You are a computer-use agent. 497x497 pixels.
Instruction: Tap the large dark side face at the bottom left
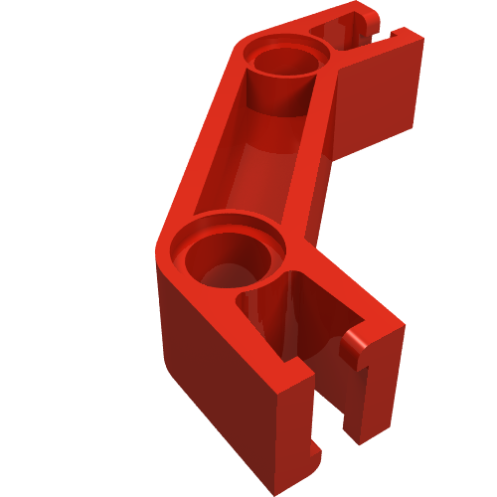(x=209, y=378)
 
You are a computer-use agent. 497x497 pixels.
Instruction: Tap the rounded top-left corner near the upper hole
(x=239, y=45)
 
